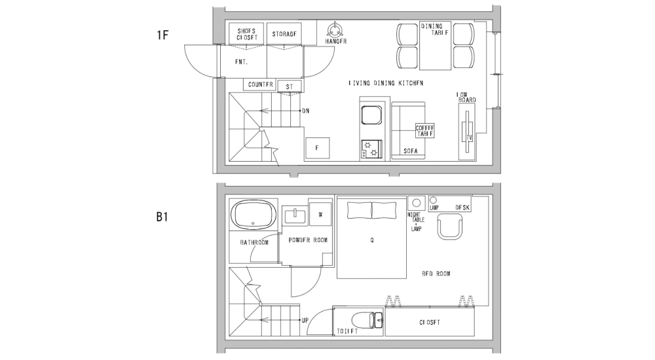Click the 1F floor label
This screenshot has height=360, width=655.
point(163,35)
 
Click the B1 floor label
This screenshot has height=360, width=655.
point(163,215)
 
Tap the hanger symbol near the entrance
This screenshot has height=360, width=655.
point(335,29)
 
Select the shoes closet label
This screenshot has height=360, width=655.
point(246,34)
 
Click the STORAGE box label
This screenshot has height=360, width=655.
point(284,34)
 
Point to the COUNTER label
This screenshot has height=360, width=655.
point(260,84)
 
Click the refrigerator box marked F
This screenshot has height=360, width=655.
point(317,148)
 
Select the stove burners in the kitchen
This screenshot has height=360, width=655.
point(371,149)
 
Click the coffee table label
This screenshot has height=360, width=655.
point(425,130)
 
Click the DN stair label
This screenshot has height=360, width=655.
point(305,111)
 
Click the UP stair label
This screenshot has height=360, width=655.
point(305,320)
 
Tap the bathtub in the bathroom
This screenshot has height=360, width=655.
point(253,215)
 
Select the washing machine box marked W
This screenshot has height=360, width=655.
point(320,214)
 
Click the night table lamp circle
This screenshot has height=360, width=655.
point(415,202)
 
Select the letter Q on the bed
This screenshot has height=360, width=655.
point(371,240)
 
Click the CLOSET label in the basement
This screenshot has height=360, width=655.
point(429,323)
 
